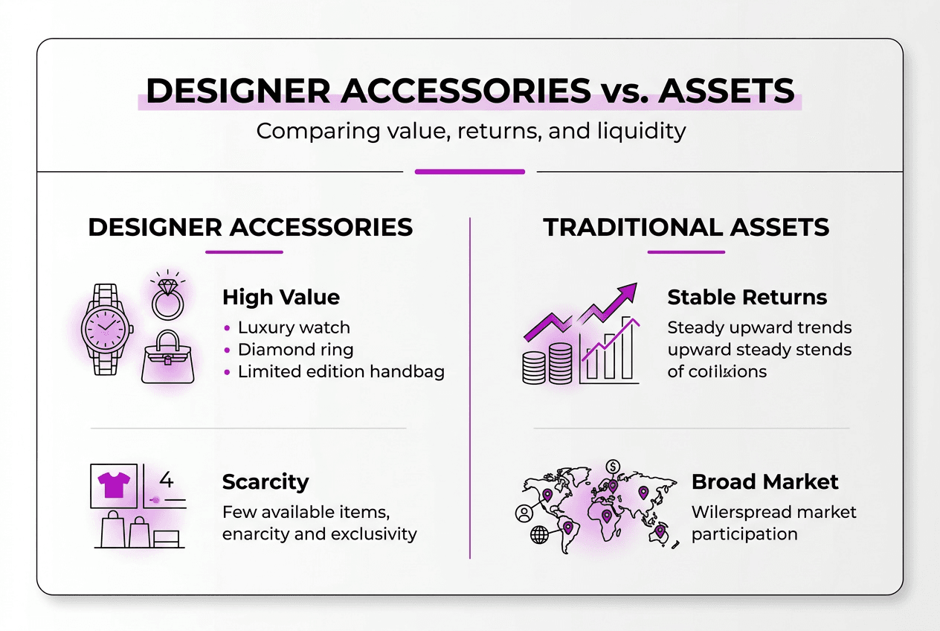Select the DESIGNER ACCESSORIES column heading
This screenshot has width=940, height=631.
point(250,227)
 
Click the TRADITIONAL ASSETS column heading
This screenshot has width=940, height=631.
point(686,227)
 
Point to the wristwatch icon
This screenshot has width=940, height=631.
point(106,329)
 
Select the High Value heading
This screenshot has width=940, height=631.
point(281,298)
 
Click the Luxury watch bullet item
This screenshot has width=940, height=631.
point(293,327)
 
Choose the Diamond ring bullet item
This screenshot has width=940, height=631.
point(295,350)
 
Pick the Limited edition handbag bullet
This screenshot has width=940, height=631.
point(341,372)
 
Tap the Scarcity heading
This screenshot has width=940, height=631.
point(265,482)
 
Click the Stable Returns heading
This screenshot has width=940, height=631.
point(747,297)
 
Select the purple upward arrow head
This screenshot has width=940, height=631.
point(628,292)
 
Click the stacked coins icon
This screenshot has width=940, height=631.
point(547,363)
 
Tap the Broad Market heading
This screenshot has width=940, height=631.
point(764,482)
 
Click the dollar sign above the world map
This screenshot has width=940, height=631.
point(614,467)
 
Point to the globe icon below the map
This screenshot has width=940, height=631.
point(539,534)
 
